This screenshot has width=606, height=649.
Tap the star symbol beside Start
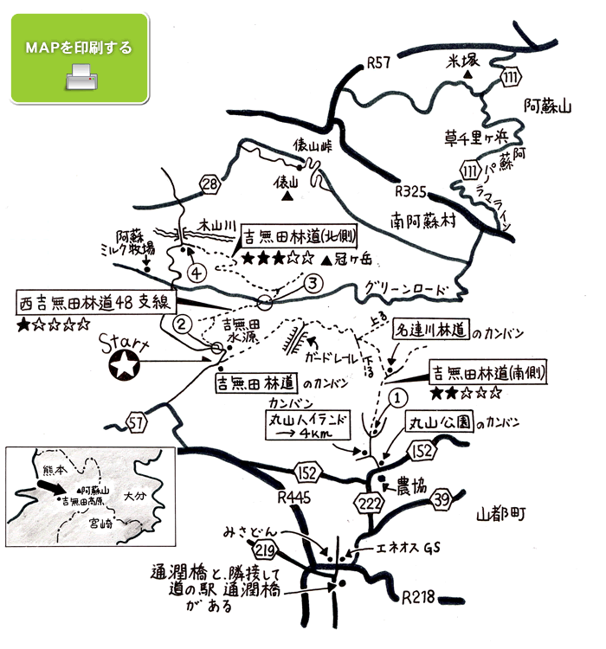pos(126,366)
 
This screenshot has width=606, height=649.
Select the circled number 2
pos(182,324)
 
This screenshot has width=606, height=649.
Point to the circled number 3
pos(313,282)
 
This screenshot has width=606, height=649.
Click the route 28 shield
pos(209,183)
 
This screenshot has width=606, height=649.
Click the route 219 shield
pos(267,549)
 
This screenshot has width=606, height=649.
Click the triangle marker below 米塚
pos(467,76)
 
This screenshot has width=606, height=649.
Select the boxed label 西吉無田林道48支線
pos(96,303)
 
